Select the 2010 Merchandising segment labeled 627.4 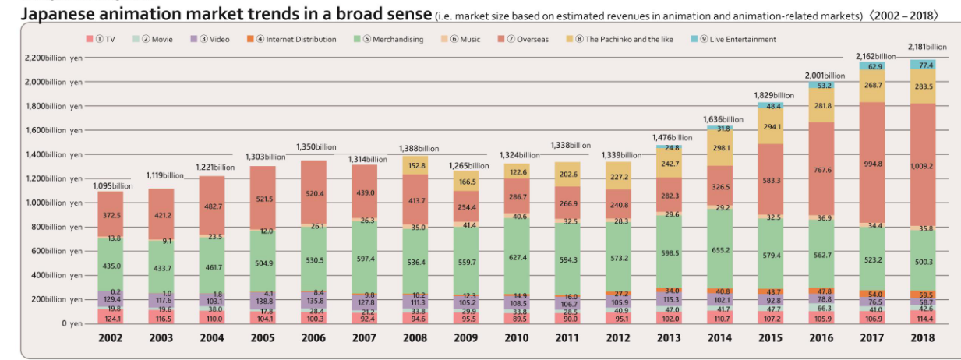[x=516, y=257]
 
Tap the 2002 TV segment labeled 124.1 [x=111, y=318]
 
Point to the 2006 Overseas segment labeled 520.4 [x=314, y=192]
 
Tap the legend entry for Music [x=465, y=39]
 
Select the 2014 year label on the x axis [x=719, y=338]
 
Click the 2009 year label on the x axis [x=465, y=338]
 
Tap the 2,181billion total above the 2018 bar [x=927, y=47]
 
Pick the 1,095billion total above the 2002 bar [x=113, y=185]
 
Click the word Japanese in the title [x=63, y=13]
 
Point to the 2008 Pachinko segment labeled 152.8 [x=415, y=165]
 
